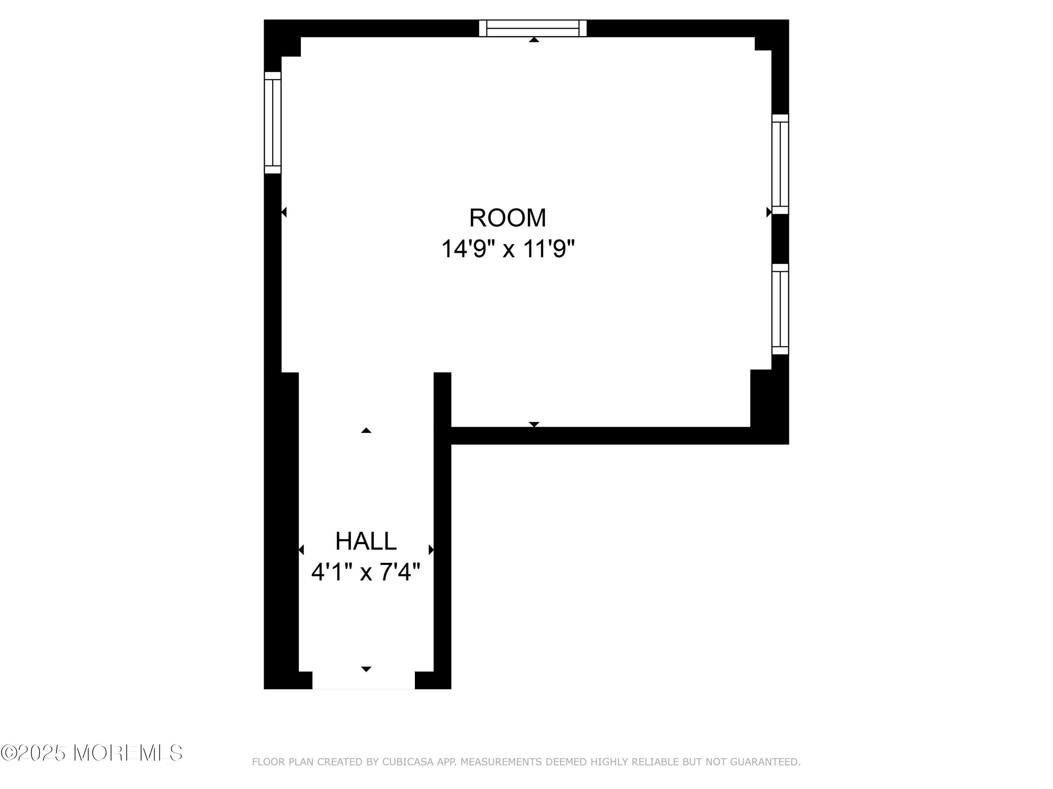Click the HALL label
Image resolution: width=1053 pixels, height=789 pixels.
[366, 541]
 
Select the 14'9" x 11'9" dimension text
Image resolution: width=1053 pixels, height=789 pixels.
[508, 249]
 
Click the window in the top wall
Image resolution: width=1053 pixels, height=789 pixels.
[533, 28]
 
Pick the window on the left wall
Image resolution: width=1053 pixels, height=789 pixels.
[273, 122]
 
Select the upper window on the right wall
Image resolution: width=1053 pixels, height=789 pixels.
[780, 164]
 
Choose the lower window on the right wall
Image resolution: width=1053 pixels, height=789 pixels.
[780, 309]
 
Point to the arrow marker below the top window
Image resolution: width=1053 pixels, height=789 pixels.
[534, 40]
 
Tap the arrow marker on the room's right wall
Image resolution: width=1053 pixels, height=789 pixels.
[768, 212]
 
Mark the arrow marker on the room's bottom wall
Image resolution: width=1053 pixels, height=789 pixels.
[534, 424]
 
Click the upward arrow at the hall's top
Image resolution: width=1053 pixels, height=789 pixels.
[366, 430]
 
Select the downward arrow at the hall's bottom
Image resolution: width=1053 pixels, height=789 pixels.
[366, 669]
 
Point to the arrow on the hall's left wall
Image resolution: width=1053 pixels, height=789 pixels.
[301, 550]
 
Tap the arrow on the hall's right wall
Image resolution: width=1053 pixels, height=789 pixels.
[431, 550]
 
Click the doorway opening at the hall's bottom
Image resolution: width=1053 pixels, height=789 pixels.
[364, 681]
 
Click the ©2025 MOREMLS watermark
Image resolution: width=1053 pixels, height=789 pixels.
[91, 753]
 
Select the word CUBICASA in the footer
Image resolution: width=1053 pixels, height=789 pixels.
[408, 762]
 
